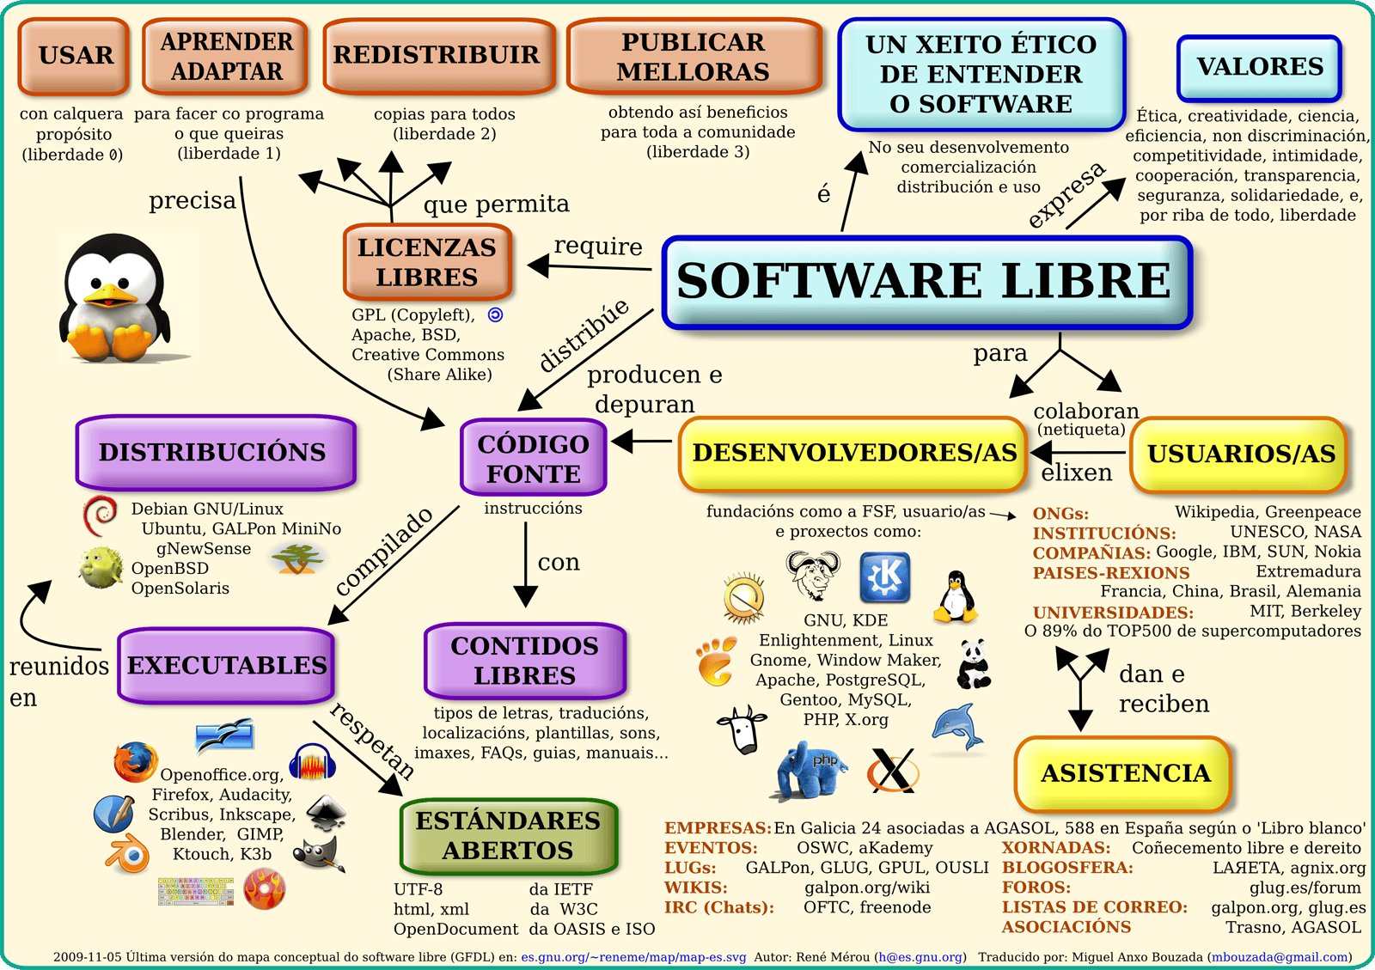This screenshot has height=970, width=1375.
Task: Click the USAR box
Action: click(74, 56)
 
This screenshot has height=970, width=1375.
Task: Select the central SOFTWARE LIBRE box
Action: click(927, 282)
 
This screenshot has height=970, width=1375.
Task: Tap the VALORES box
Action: click(1260, 68)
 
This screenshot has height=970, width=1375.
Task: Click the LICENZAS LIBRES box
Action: click(427, 262)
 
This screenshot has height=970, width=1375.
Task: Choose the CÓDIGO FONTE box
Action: click(534, 458)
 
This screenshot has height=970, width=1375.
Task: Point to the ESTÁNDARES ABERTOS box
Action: click(508, 836)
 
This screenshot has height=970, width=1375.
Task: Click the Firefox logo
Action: click(135, 761)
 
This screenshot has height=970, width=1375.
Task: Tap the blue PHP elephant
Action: click(810, 770)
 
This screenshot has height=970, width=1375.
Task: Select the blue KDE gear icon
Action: click(884, 577)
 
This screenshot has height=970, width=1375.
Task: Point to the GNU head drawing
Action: click(813, 574)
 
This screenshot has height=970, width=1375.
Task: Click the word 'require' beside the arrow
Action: click(598, 247)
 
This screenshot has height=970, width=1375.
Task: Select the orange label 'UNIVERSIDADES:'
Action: click(1113, 613)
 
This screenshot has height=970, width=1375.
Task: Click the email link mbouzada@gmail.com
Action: click(1280, 957)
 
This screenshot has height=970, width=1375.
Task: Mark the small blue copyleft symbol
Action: click(495, 314)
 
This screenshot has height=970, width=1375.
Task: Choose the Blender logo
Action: click(128, 853)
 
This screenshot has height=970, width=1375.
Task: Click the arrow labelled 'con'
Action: click(525, 564)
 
